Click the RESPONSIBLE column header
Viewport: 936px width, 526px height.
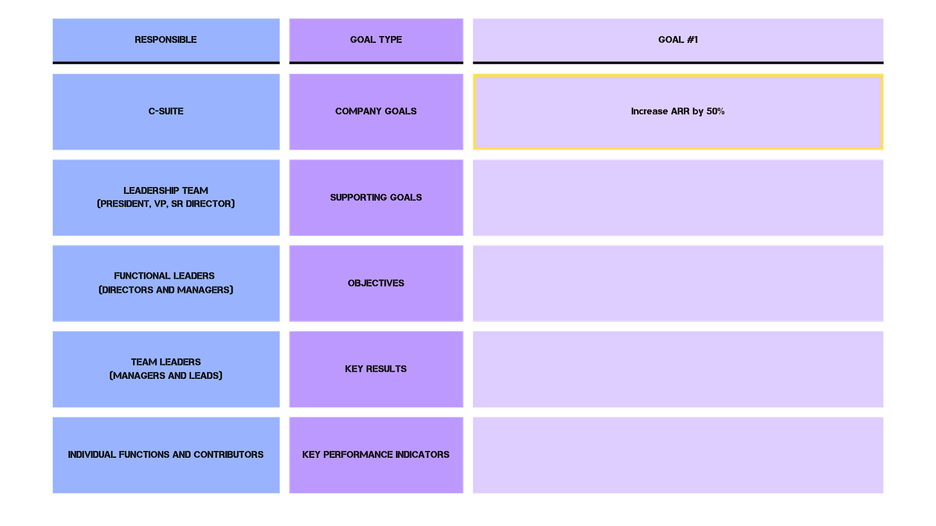point(166,40)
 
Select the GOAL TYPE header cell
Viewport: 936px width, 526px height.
point(376,40)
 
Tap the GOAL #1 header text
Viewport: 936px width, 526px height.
point(678,40)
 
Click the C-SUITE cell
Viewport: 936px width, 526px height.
point(166,111)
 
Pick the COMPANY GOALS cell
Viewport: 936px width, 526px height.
point(376,111)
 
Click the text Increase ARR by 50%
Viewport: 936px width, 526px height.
point(678,111)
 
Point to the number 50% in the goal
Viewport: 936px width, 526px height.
point(715,111)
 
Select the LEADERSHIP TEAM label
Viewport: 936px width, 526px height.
point(166,190)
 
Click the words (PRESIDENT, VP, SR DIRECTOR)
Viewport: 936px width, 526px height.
point(166,204)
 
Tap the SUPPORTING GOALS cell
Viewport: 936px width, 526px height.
point(376,197)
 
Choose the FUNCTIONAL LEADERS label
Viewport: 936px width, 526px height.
point(165,276)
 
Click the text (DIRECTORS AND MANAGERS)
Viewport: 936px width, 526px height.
point(166,290)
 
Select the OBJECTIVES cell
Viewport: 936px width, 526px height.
point(376,283)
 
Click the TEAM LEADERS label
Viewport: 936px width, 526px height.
point(166,362)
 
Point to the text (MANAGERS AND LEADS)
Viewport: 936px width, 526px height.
point(166,376)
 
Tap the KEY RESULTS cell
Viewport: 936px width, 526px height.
point(376,369)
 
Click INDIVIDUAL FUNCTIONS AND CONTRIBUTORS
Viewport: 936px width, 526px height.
point(166,455)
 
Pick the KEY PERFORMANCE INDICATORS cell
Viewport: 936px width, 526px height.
point(376,455)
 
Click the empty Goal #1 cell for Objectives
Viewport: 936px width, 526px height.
point(678,283)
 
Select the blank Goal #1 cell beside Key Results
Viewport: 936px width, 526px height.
point(678,369)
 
